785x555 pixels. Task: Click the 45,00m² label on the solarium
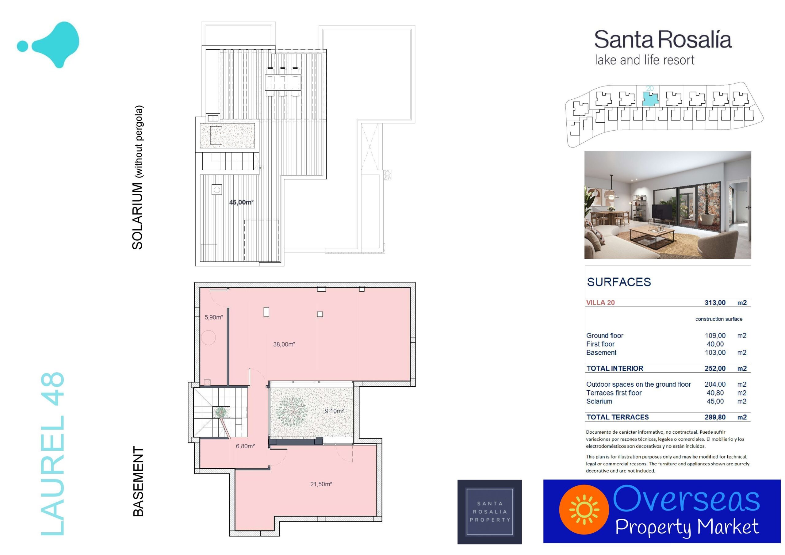[241, 202]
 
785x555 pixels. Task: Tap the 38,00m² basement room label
[284, 344]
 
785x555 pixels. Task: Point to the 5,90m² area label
[214, 317]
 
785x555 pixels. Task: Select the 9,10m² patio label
[334, 411]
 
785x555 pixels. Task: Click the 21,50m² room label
[321, 484]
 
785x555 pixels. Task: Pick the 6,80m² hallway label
[245, 446]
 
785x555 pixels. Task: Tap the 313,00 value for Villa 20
[715, 303]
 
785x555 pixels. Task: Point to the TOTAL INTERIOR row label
[615, 368]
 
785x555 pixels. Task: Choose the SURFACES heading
[619, 282]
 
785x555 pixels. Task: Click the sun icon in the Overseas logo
[584, 510]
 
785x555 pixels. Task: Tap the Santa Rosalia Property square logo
[490, 512]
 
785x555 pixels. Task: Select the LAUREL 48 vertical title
[52, 454]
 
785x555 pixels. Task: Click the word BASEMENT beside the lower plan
[138, 481]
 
